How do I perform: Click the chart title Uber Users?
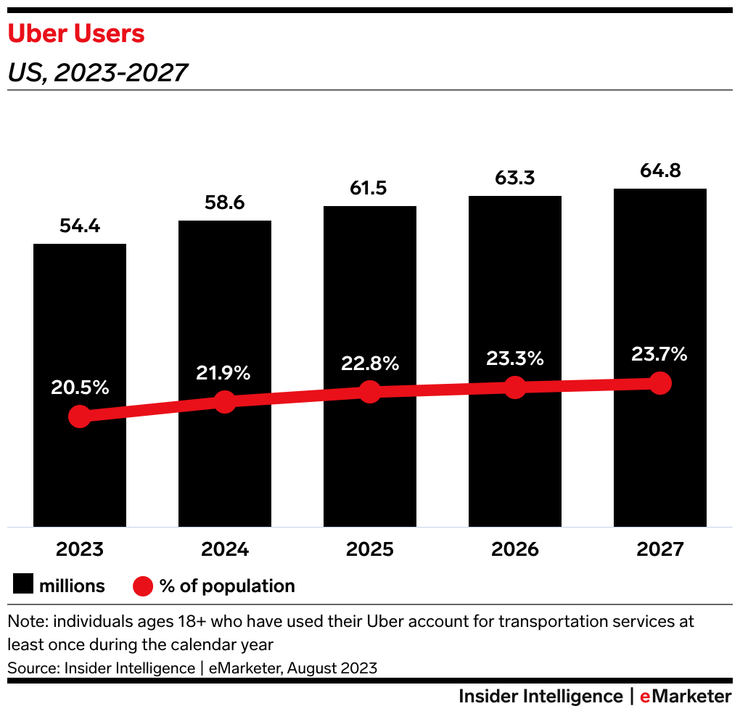76,34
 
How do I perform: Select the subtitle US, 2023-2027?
97,73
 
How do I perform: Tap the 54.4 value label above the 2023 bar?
80,226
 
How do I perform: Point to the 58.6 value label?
225,202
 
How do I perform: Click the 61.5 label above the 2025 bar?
370,188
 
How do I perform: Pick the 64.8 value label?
660,171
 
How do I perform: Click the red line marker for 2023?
80,416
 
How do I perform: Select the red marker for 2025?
370,392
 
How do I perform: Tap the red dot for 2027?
660,382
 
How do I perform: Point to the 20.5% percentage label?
80,387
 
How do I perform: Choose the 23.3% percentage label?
515,358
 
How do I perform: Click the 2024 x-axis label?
225,549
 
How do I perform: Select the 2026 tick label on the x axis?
515,549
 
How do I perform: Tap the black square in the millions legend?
22,586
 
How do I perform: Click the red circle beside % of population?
143,586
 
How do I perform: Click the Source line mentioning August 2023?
192,668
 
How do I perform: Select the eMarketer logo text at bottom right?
686,697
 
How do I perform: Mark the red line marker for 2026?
515,387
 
